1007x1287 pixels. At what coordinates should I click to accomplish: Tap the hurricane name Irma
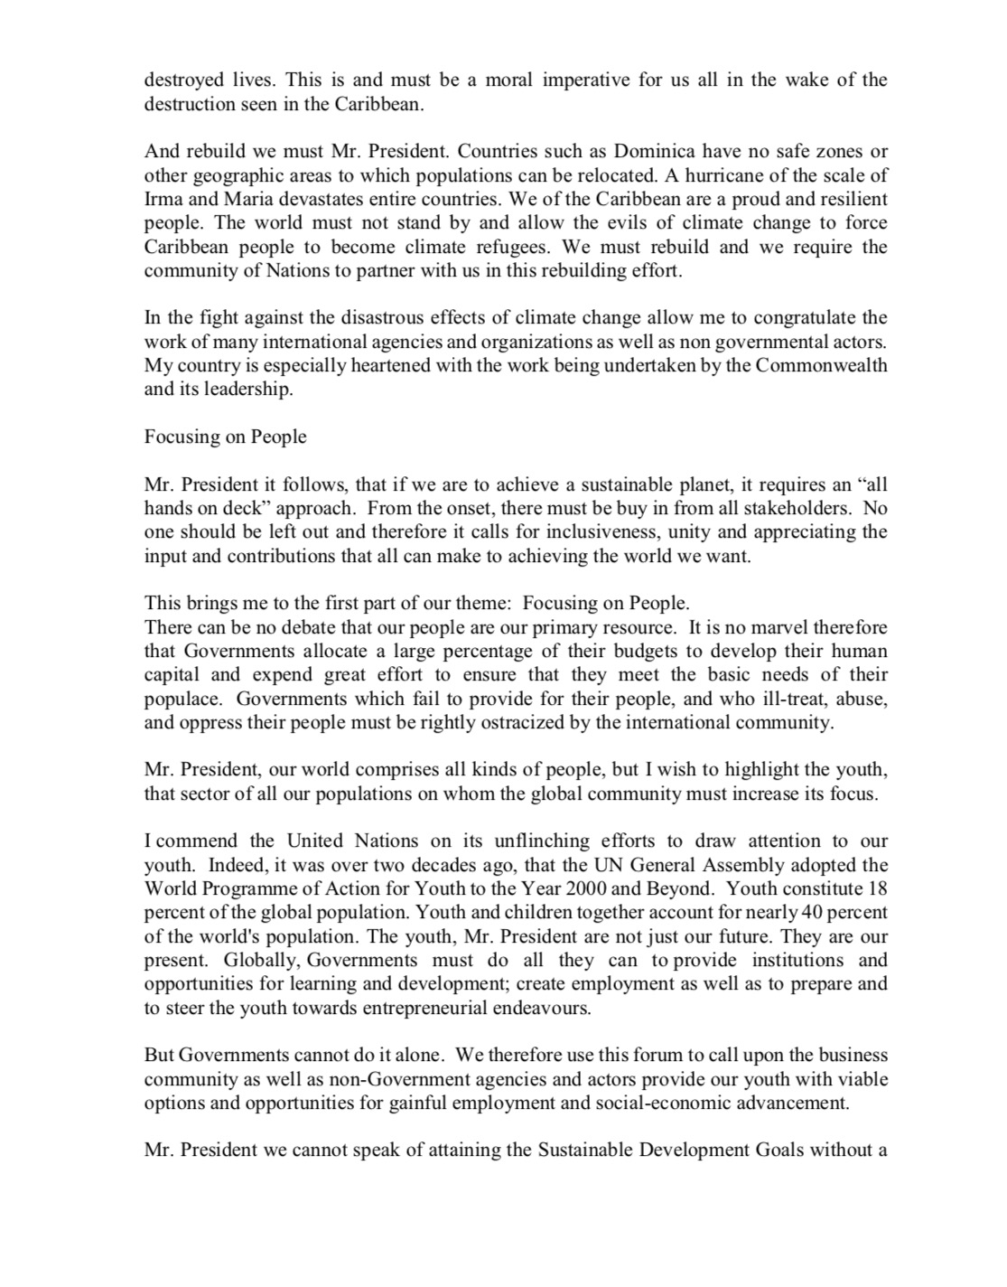pyautogui.click(x=163, y=199)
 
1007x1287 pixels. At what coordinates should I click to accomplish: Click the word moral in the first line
pyautogui.click(x=509, y=80)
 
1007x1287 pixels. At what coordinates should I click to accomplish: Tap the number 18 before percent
pyautogui.click(x=877, y=888)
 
